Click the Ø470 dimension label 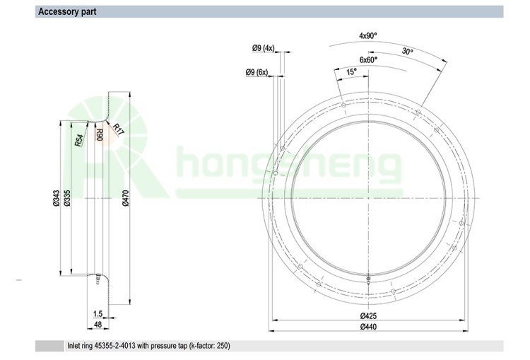pyautogui.click(x=125, y=198)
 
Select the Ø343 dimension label pyautogui.click(x=56, y=198)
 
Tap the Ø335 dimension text pyautogui.click(x=67, y=198)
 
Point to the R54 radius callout pyautogui.click(x=78, y=141)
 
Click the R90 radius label pyautogui.click(x=100, y=134)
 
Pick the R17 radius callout pyautogui.click(x=118, y=129)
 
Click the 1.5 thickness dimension pyautogui.click(x=98, y=314)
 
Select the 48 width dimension pyautogui.click(x=98, y=325)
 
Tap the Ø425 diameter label pyautogui.click(x=368, y=316)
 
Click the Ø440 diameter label pyautogui.click(x=368, y=327)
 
